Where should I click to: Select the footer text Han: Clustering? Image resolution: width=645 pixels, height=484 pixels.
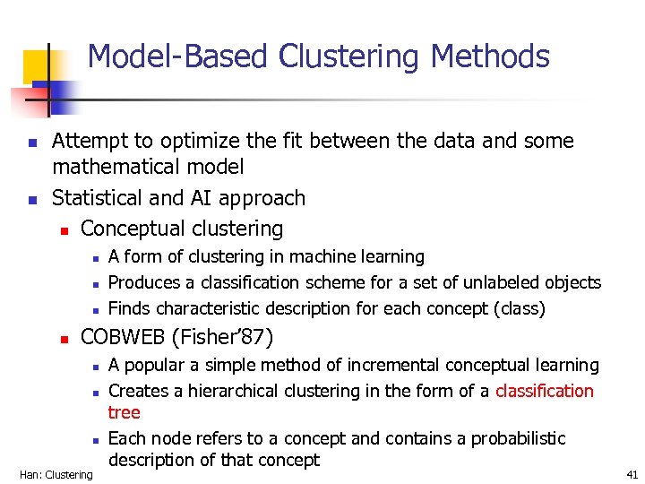tap(56, 474)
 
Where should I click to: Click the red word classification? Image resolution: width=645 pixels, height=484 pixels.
tap(545, 391)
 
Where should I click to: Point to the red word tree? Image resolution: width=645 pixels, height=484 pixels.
tap(124, 412)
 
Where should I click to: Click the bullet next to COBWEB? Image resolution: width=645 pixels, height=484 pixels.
tap(64, 338)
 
